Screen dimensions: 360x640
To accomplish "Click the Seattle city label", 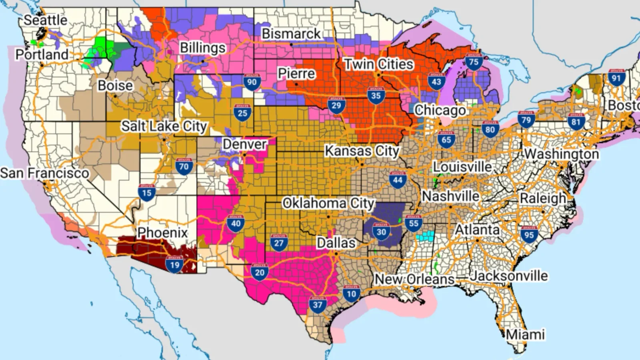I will pos(45,20).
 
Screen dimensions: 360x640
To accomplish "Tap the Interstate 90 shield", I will pos(252,82).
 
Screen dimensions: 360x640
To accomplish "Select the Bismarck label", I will pos(291,34).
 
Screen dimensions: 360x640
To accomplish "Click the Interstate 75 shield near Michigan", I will pos(473,62).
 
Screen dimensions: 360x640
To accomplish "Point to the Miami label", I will pos(525,334).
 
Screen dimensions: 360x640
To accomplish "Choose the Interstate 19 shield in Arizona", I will pos(175,264).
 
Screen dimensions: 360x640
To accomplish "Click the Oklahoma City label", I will pos(328,203).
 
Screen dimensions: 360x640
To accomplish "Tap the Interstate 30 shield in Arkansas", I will pos(381,231).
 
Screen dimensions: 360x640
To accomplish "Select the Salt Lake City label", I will pos(164,126).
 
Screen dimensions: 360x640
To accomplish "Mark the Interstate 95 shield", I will pos(529,235).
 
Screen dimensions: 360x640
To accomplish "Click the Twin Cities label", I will pos(378,64).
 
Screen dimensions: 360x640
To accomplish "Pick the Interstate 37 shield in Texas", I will pos(317,304).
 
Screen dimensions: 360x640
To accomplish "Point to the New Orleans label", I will pos(414,279).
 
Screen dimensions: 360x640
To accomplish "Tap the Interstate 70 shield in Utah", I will pos(184,166).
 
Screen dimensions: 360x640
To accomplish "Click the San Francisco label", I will pos(44,173).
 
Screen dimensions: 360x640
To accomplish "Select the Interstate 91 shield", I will pos(616,78).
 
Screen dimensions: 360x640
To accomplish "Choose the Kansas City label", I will pos(361,151).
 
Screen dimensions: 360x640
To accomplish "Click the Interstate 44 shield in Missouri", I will pos(397,179).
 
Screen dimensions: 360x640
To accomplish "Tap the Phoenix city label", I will pos(162,232).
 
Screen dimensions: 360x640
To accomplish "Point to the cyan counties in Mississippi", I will pos(425,236).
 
